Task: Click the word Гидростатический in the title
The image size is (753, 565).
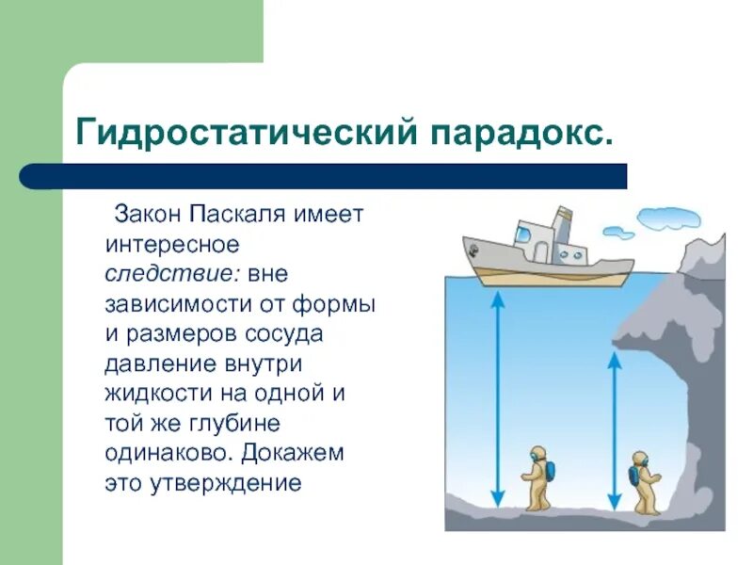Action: tap(247, 132)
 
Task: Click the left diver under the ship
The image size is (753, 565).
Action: tap(537, 478)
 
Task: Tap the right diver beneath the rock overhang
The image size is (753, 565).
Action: tap(644, 481)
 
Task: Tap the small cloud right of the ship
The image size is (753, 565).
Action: tap(618, 232)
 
